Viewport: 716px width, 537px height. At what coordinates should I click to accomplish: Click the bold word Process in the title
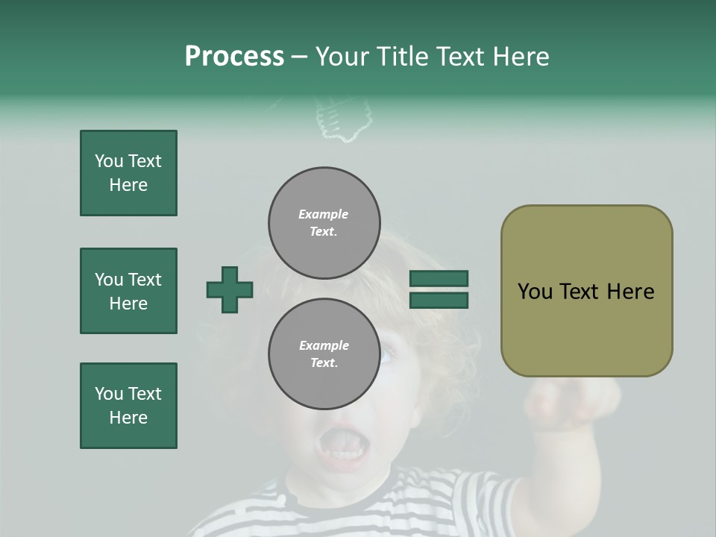(x=234, y=57)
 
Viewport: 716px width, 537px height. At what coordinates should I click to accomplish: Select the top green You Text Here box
(x=128, y=173)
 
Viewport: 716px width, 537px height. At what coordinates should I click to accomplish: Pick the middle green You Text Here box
(x=128, y=291)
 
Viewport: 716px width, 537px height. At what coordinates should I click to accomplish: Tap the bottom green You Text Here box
(x=128, y=406)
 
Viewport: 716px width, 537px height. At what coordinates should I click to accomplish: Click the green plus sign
(x=230, y=289)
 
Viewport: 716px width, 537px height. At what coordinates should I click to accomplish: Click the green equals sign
(x=439, y=289)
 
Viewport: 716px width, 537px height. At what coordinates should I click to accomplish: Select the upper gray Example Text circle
(x=324, y=222)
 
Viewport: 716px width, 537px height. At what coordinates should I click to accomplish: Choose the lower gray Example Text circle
(x=324, y=354)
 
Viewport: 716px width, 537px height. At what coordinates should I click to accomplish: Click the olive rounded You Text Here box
(x=586, y=291)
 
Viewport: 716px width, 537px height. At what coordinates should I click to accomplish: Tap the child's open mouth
(x=342, y=446)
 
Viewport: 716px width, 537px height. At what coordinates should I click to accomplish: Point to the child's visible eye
(x=386, y=356)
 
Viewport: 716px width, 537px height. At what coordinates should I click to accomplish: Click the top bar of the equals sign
(x=439, y=278)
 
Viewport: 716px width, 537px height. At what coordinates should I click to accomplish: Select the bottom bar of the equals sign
(x=439, y=301)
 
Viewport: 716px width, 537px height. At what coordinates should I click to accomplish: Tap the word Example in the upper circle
(x=324, y=214)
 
